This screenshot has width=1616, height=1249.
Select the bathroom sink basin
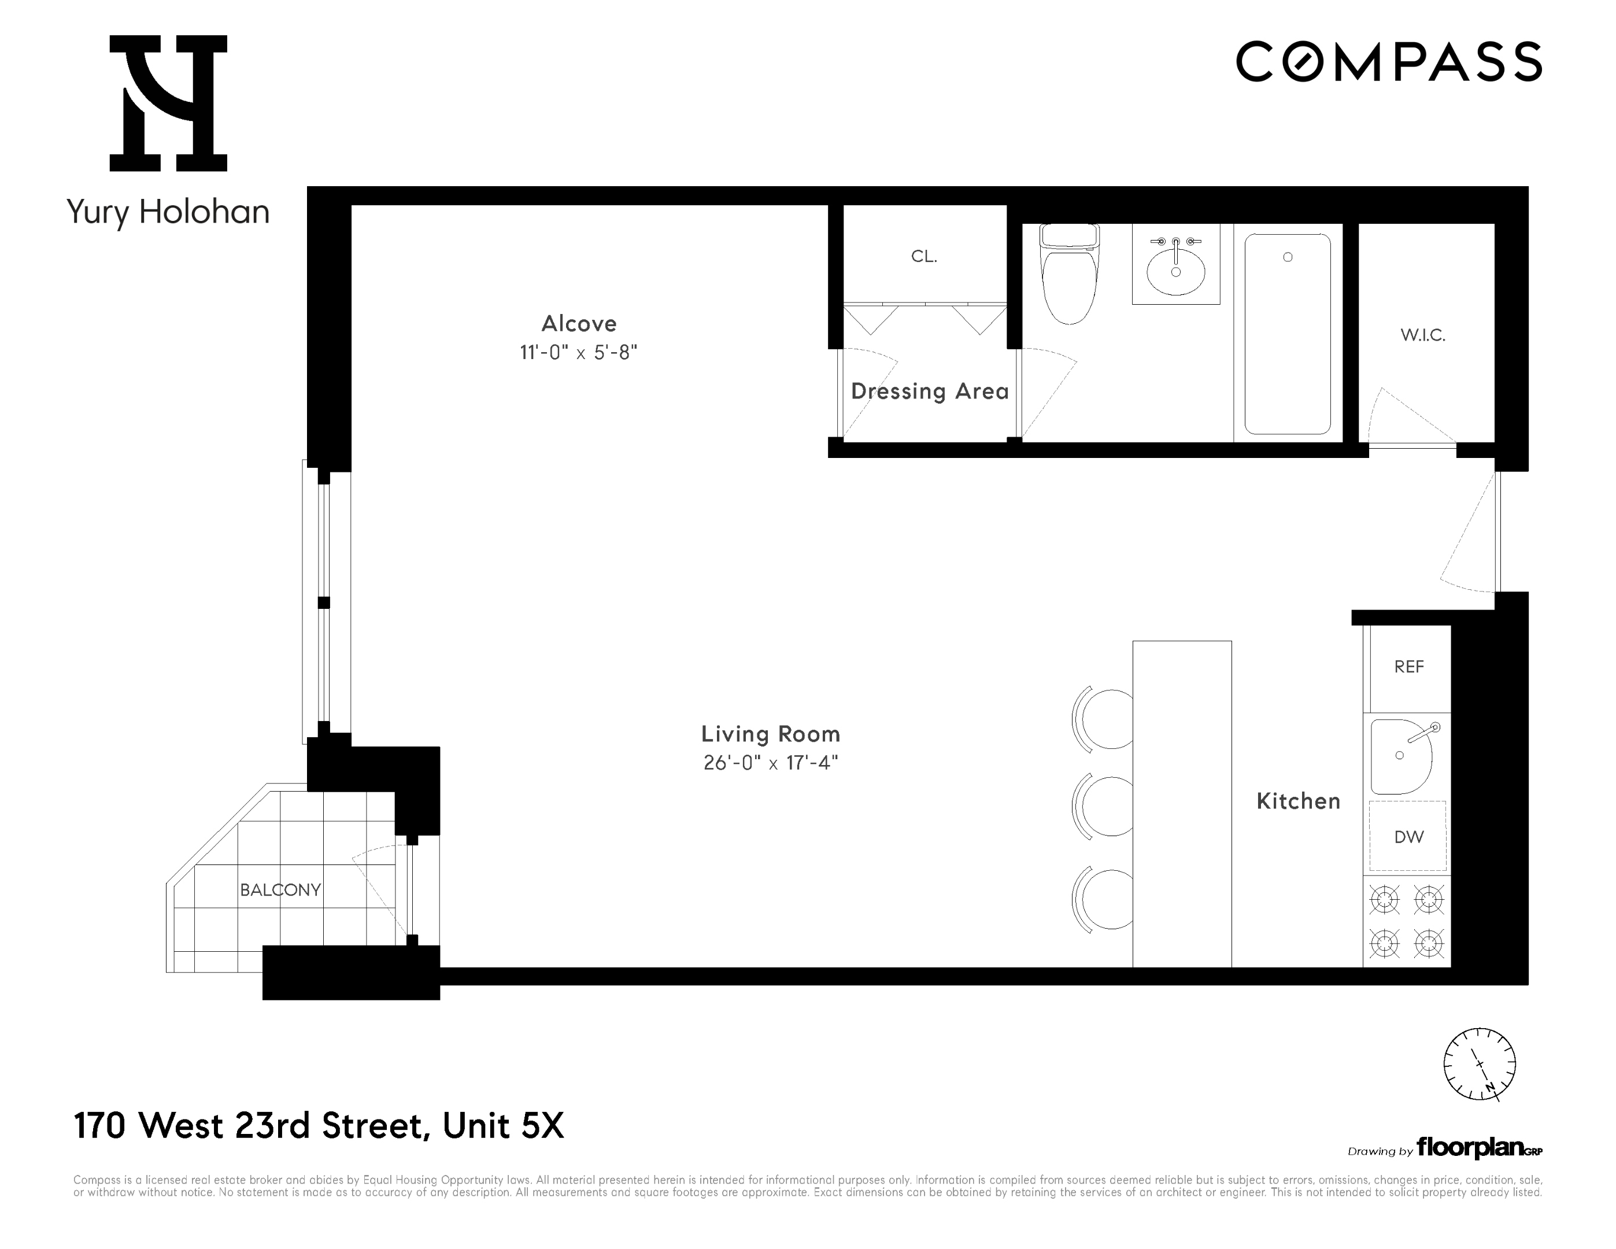1176,271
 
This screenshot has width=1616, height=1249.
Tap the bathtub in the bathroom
1288,334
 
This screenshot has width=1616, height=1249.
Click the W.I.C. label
1423,335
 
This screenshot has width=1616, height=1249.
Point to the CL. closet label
924,257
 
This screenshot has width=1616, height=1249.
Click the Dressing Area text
929,391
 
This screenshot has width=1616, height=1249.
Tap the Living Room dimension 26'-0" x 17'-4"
770,763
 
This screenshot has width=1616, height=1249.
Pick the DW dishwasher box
1408,837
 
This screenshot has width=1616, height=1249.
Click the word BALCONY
280,890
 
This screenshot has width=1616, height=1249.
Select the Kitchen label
1299,801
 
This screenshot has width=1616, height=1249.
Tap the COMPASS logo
1389,61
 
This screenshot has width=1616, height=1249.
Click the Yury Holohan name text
168,212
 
